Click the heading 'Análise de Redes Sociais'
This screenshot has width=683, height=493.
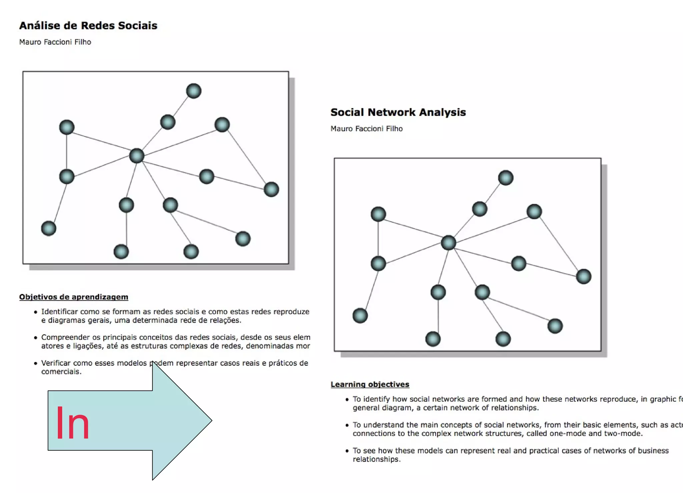point(88,26)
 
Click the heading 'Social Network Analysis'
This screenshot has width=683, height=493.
point(398,112)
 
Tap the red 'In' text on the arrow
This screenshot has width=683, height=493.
point(72,424)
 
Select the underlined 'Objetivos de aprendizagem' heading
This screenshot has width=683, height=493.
point(73,297)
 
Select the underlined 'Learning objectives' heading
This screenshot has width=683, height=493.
point(370,384)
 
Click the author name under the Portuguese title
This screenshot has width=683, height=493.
point(55,42)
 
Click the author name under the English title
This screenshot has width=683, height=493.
point(366,129)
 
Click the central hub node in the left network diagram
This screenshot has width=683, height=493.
point(136,156)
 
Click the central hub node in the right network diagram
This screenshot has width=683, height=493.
point(448,243)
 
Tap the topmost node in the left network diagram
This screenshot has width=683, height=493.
point(193,91)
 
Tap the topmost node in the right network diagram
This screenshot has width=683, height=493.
point(506,178)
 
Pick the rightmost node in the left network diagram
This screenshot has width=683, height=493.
point(271,189)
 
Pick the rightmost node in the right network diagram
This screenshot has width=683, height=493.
point(583,276)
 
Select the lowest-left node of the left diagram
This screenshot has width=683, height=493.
point(48,228)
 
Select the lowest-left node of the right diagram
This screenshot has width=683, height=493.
point(360,316)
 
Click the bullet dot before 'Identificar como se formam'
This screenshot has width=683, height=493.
point(35,312)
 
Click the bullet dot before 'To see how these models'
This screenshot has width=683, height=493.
point(347,451)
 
